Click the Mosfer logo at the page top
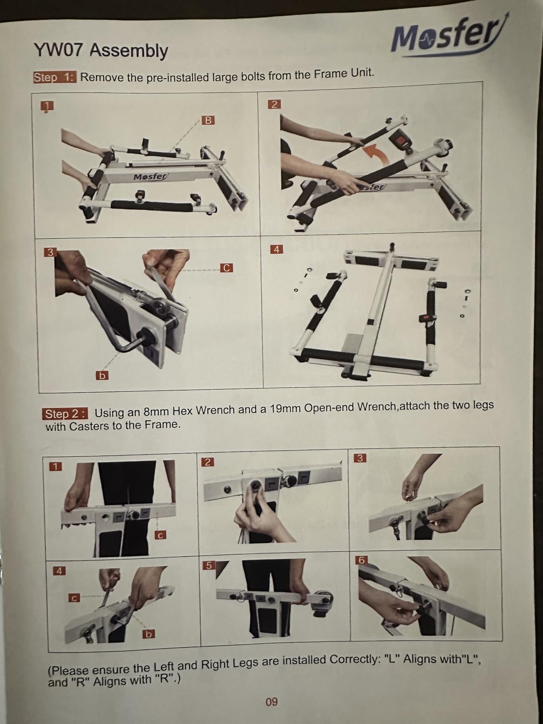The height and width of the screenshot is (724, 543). coord(448,36)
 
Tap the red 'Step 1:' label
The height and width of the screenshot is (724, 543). coord(55,77)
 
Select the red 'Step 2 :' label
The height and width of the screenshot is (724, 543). coord(65,413)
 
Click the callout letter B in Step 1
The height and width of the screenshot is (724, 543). coord(208,120)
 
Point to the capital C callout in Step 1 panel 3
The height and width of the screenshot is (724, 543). coord(226,268)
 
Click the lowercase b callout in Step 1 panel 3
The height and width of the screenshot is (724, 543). coord(102,375)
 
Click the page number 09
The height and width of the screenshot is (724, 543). coord(271,701)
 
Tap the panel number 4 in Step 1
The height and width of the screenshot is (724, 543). coord(276,249)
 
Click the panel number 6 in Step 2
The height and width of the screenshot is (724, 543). coord(361,560)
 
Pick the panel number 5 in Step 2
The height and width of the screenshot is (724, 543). coord(209,565)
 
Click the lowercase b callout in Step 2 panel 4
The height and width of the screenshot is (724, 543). coord(149,634)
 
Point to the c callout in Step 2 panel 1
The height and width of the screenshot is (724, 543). coord(161,535)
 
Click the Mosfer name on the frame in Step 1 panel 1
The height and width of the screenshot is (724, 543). coord(150,177)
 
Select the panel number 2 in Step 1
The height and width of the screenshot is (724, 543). coord(274,104)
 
